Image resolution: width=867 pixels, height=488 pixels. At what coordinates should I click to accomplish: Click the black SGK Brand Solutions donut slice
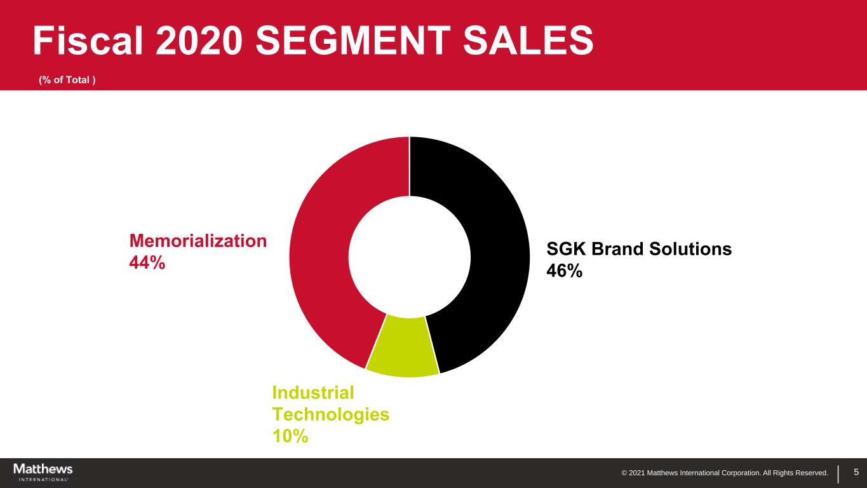495,241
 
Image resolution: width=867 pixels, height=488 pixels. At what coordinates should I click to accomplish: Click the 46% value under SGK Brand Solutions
564,271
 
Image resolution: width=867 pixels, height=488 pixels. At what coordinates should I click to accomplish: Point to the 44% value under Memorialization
147,262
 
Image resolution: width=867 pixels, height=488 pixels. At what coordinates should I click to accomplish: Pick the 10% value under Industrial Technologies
290,436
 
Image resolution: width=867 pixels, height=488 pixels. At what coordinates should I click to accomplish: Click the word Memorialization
198,240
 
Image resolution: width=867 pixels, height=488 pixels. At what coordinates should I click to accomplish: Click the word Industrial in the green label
313,393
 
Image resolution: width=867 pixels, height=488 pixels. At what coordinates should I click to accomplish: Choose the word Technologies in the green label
330,414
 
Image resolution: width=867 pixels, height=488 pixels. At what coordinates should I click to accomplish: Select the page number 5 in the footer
856,472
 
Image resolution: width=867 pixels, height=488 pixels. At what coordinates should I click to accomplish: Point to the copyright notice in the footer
724,473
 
